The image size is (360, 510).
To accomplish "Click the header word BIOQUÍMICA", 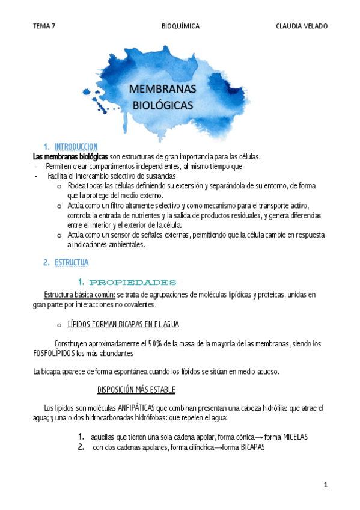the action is [181, 26].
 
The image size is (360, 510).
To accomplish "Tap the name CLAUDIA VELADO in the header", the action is [302, 26].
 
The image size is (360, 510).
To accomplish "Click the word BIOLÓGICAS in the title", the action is [162, 105].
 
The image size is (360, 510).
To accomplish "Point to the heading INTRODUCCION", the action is [76, 146].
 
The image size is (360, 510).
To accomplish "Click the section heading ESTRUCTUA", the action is [71, 263].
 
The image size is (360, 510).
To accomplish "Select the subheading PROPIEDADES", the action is [132, 282].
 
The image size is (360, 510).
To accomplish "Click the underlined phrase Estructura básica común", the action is [79, 295].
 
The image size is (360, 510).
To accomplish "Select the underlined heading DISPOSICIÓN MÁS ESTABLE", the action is [136, 390].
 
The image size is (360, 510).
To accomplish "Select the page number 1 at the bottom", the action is [325, 485].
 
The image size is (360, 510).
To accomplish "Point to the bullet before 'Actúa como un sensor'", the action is [59, 235].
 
